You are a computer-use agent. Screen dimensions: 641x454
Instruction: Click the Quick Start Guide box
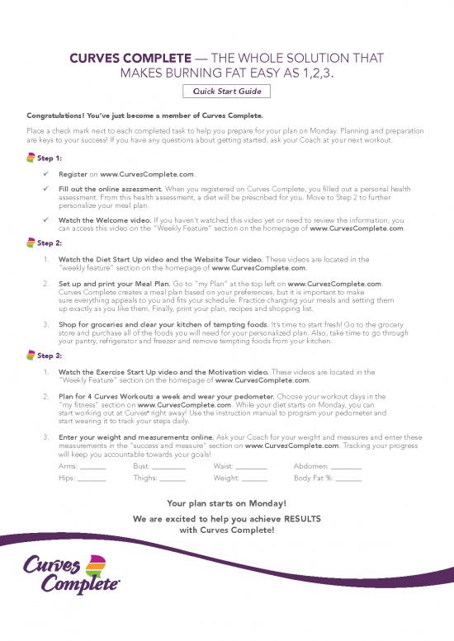[227, 92]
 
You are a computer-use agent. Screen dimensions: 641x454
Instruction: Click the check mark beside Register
[50, 175]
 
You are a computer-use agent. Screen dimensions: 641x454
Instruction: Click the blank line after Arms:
[92, 468]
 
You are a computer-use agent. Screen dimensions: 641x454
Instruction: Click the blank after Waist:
[251, 468]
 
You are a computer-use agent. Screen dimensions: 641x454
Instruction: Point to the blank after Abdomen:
[346, 468]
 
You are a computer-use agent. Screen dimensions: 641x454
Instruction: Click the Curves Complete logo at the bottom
[74, 574]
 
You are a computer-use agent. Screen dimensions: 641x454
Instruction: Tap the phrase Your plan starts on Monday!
[226, 502]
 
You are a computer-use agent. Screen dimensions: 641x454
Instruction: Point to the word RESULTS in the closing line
[297, 519]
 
